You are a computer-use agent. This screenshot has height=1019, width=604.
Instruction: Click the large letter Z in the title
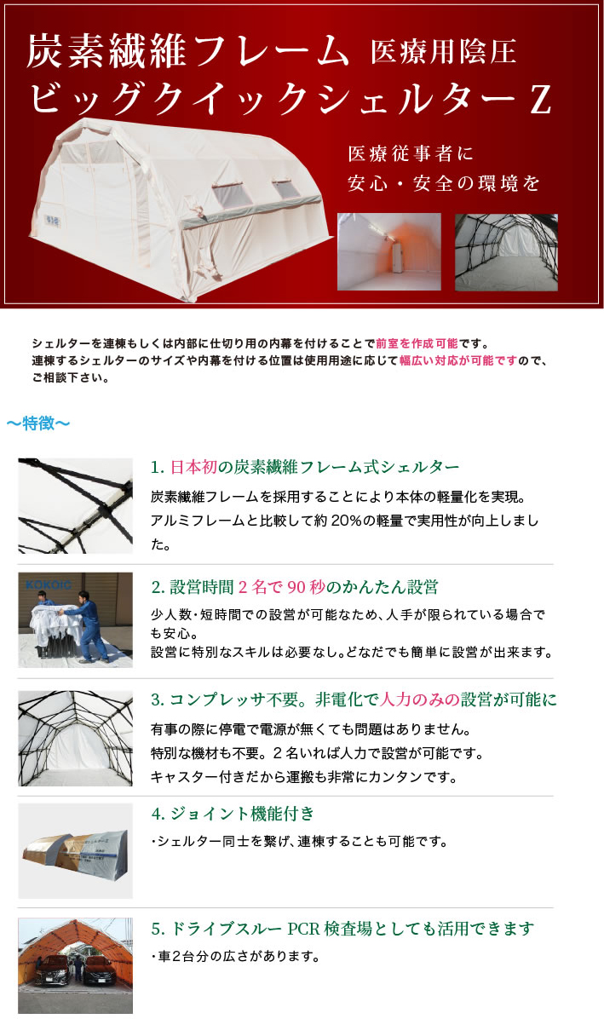[540, 100]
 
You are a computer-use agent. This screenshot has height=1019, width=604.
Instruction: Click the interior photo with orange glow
[389, 251]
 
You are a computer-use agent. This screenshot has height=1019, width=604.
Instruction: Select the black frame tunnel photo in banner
[507, 252]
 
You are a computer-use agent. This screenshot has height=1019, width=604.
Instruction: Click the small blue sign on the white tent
[53, 221]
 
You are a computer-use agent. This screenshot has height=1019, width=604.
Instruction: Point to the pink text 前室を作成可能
[417, 343]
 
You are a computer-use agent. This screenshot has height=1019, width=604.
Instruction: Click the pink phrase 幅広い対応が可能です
[457, 360]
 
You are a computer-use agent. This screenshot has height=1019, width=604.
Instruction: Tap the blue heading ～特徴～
[38, 423]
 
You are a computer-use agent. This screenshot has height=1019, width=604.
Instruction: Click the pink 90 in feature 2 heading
[296, 588]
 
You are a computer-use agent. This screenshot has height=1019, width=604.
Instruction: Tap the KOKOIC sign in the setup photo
[49, 584]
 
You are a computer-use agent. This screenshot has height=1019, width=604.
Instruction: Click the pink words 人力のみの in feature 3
[419, 699]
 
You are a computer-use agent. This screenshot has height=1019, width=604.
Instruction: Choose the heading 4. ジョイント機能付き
[233, 814]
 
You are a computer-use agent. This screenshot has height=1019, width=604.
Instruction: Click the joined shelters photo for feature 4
[75, 850]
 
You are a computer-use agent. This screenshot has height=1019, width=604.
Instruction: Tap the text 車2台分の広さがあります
[239, 957]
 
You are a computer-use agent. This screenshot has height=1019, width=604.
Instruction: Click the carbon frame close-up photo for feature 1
[75, 505]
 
